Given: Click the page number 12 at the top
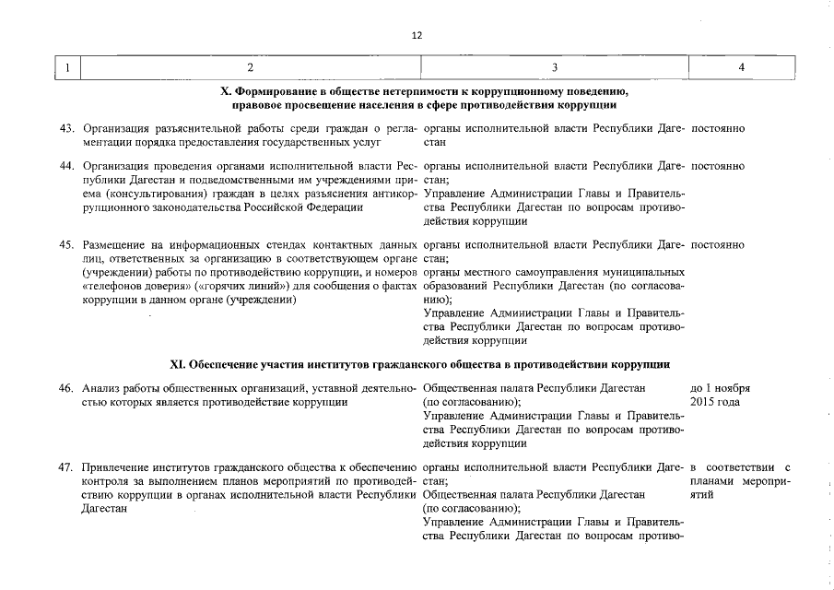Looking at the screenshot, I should coord(417,35).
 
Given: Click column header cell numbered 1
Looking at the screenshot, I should coord(67,67).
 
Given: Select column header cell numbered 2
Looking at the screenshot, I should coord(250,67).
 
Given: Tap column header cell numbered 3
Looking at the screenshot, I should coord(554,67).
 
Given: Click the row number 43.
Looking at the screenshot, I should coord(66,130).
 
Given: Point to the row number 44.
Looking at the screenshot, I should coord(66,166).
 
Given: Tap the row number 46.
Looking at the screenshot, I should coord(66,388).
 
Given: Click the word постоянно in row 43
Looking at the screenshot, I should coord(717,130).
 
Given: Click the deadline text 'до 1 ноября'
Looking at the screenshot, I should coord(720,388).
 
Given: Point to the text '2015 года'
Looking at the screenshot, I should coord(712,402).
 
